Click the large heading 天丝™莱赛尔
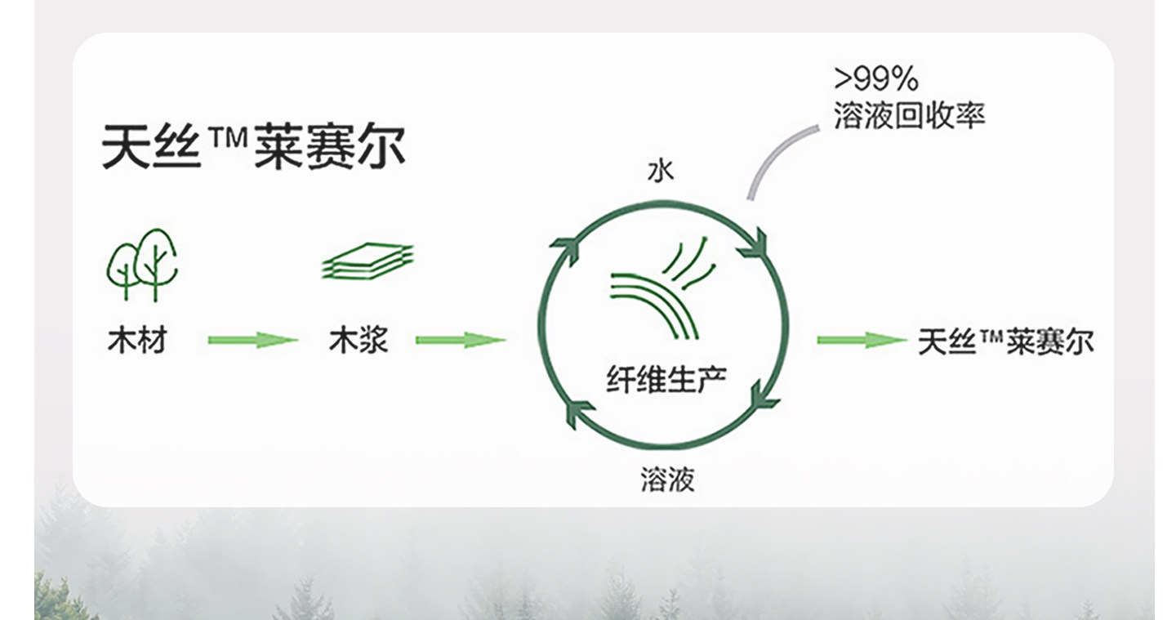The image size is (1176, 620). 253,148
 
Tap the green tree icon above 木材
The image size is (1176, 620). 143,264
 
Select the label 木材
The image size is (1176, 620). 137,340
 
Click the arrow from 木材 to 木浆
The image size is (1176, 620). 252,340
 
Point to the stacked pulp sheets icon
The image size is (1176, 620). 367,262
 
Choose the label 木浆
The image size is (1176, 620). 359,340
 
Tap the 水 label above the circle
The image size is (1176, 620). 661,171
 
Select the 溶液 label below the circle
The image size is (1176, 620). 667,479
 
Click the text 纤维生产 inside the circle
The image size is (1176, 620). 666,377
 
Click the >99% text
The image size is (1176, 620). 876,79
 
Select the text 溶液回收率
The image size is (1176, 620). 909,115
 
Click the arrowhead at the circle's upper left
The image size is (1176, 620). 564,248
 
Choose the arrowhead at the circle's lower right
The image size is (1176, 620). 763,395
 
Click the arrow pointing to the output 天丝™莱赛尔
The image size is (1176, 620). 862,340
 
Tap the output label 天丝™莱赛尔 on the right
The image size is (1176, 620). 1005,340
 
